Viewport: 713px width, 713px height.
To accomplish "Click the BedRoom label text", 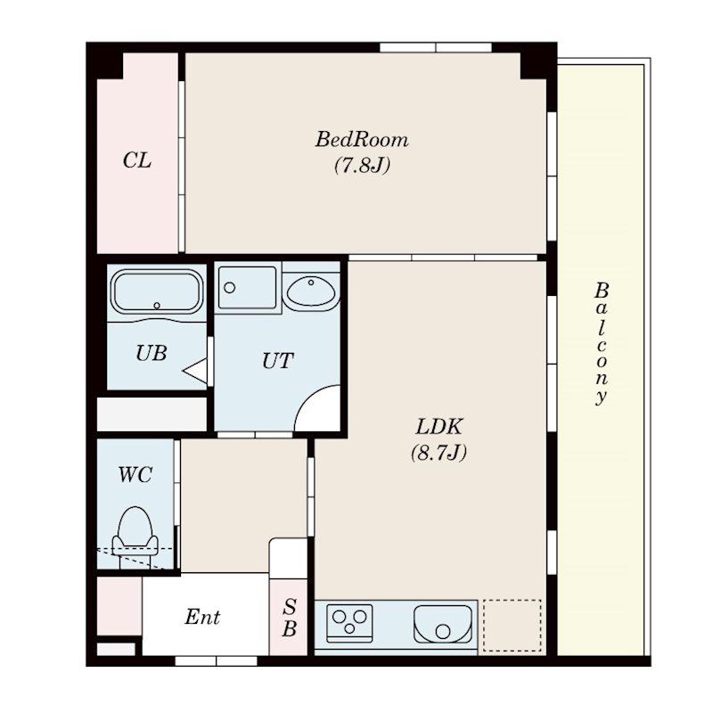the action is click(362, 140).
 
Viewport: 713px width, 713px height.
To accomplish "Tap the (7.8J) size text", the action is click(363, 166).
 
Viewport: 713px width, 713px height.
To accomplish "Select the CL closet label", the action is click(137, 160).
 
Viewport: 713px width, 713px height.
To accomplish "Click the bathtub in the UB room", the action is click(157, 291).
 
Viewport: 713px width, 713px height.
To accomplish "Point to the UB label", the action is click(152, 353).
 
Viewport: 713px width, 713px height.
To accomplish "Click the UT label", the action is click(277, 361).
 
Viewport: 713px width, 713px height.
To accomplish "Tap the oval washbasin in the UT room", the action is click(311, 291).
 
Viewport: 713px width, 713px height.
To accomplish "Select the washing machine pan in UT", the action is click(247, 288).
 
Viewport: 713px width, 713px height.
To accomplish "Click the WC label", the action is click(135, 475).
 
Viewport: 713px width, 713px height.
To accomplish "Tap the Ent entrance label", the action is click(202, 617).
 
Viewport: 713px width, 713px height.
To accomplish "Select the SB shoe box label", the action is click(289, 618).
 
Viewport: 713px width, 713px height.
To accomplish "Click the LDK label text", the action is click(438, 427).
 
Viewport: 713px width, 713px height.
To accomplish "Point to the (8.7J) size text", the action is click(438, 453).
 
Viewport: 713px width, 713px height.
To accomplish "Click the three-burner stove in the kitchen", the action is click(349, 622).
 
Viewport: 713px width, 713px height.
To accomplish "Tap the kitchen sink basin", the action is click(442, 623).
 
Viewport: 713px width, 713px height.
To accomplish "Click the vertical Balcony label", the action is click(601, 343).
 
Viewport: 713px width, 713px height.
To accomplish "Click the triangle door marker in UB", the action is click(195, 371).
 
